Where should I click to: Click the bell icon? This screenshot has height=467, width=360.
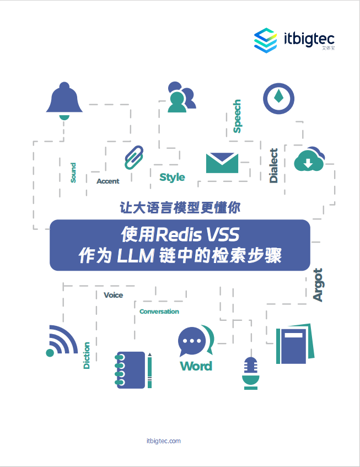[65, 100]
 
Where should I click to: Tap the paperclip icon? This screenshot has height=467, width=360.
[133, 157]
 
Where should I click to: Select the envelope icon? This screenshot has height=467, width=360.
[222, 163]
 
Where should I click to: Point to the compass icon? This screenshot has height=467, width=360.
[278, 99]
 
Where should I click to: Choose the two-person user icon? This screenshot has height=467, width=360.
[180, 97]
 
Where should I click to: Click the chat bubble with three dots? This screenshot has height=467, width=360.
[193, 342]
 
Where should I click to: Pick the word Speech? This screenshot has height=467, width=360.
[237, 116]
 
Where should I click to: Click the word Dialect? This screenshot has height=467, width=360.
[274, 165]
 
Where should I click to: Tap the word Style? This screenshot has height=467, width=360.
[172, 177]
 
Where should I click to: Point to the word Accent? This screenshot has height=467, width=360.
[108, 181]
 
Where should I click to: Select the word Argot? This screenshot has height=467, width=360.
[318, 285]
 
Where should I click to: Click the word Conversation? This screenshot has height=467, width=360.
[159, 312]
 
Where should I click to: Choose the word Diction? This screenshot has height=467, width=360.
[87, 355]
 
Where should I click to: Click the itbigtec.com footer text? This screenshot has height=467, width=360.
[164, 441]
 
